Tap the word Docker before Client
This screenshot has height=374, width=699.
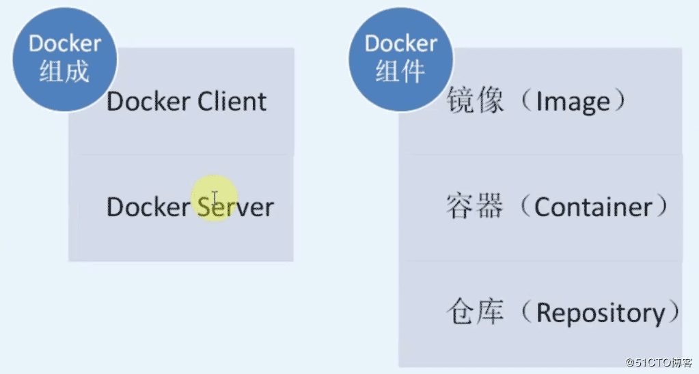click(x=148, y=102)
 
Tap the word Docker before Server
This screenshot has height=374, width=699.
click(x=148, y=207)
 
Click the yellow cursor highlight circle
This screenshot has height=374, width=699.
click(x=214, y=198)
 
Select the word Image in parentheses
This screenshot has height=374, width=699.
click(x=573, y=102)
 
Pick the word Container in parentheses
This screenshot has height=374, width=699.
click(x=593, y=207)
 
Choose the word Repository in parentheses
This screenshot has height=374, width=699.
click(x=600, y=313)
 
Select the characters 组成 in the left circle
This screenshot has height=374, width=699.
click(x=65, y=72)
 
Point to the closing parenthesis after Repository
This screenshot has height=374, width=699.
click(x=674, y=313)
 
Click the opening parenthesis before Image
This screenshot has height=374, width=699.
click(x=525, y=102)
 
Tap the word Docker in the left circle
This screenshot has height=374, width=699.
click(x=65, y=44)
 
